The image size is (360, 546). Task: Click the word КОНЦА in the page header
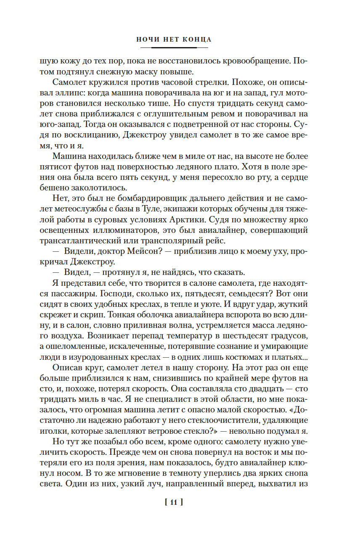click(x=197, y=40)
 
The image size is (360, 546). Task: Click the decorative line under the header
click(x=174, y=48)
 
